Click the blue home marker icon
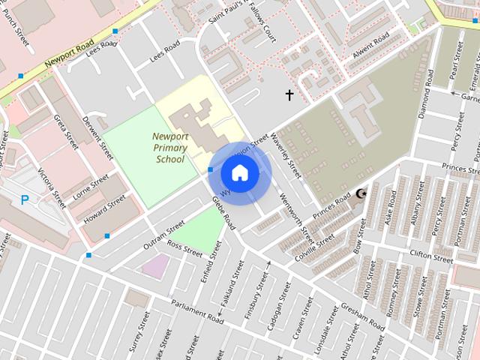click(239, 172)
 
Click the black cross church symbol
click(289, 94)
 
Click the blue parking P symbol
click(25, 200)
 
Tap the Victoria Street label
click(52, 179)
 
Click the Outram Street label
click(164, 232)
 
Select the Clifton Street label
click(431, 256)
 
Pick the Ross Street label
click(184, 249)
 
